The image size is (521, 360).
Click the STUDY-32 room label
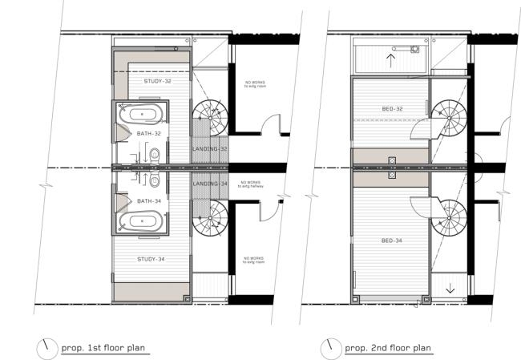pyautogui.click(x=158, y=81)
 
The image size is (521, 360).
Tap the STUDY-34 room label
pyautogui.click(x=151, y=259)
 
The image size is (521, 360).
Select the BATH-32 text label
pyautogui.click(x=149, y=133)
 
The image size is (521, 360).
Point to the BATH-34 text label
pyautogui.click(x=149, y=200)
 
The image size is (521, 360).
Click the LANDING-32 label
pyautogui.click(x=211, y=149)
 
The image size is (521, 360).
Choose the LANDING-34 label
pyautogui.click(x=211, y=184)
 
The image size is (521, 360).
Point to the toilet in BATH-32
pyautogui.click(x=155, y=153)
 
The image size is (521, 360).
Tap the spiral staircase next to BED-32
pyautogui.click(x=449, y=115)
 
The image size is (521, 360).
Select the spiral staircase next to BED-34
pyautogui.click(x=449, y=219)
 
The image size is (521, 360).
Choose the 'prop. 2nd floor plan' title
pyautogui.click(x=388, y=348)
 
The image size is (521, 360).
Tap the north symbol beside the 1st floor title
pyautogui.click(x=46, y=347)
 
